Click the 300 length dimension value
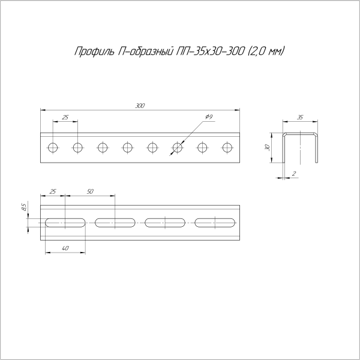click(140, 106)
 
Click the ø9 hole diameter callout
click(208, 116)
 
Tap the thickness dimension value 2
click(294, 173)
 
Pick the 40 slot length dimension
click(65, 248)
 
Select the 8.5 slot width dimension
click(23, 208)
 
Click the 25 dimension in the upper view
click(65, 116)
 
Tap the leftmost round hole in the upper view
click(53, 147)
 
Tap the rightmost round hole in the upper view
click(227, 147)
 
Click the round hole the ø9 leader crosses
click(178, 147)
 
